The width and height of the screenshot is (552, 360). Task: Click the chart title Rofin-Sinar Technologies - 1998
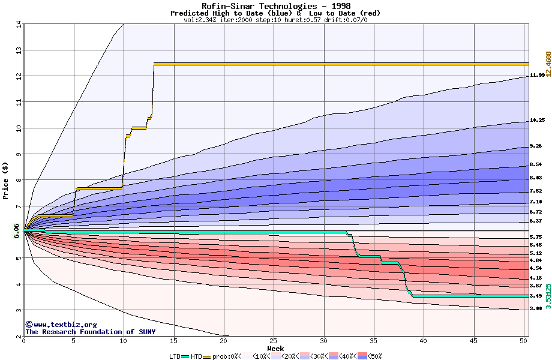[x=276, y=6]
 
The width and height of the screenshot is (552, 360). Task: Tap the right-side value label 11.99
[x=537, y=76]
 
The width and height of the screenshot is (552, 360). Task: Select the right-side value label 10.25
[x=537, y=121]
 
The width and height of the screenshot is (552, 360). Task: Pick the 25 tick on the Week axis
[x=274, y=341]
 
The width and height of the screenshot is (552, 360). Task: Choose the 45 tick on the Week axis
[x=473, y=341]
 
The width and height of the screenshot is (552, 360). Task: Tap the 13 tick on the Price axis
[x=19, y=50]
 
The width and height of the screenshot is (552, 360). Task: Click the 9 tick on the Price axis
[x=19, y=154]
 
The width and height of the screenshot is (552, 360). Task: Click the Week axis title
[x=275, y=349]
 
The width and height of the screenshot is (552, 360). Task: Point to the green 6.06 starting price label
[x=16, y=230]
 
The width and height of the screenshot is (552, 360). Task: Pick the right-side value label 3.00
[x=536, y=308]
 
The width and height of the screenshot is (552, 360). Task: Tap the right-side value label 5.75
[x=536, y=238]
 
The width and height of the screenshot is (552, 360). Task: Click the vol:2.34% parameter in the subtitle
[x=202, y=20]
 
